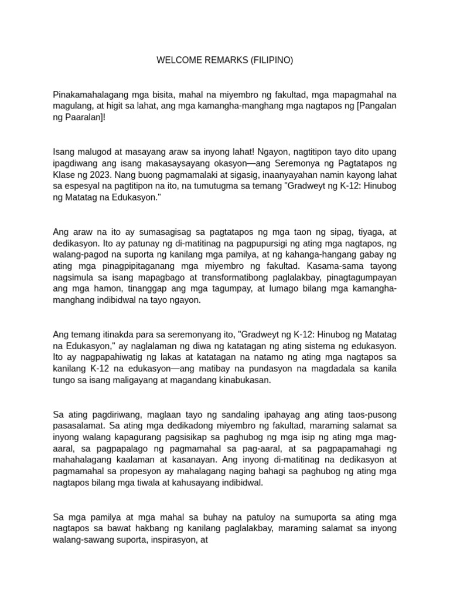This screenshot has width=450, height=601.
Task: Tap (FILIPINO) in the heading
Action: click(x=272, y=60)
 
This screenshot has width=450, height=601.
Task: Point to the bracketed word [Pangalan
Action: click(x=376, y=106)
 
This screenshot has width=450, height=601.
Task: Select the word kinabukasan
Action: click(x=240, y=380)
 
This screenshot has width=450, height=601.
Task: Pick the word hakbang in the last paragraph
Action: click(x=162, y=528)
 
